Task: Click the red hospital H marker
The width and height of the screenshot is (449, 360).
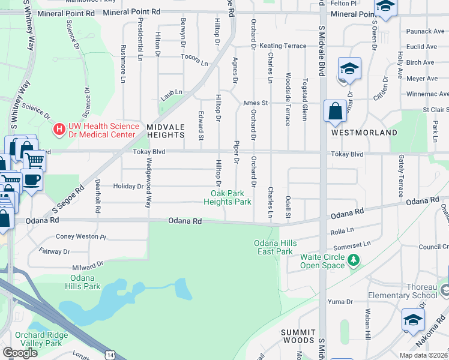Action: tap(59, 128)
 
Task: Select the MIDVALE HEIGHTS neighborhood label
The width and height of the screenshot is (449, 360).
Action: tap(165, 131)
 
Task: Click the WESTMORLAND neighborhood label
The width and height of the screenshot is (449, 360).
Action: tap(364, 132)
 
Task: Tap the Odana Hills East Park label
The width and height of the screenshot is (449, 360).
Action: tap(273, 247)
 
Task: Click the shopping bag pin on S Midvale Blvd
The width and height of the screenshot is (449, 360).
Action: tap(335, 112)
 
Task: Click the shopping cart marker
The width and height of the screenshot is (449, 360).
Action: tap(34, 161)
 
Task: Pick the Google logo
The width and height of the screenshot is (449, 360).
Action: tap(20, 353)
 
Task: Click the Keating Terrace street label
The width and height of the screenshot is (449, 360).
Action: tap(278, 46)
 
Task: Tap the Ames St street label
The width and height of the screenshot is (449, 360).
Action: tap(255, 103)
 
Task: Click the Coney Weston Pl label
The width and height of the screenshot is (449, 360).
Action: tap(81, 237)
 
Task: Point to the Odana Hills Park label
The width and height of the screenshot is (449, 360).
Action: tap(83, 282)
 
